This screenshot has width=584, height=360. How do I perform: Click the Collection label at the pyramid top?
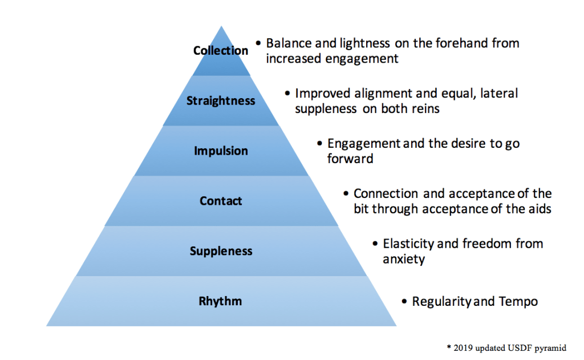point(221,51)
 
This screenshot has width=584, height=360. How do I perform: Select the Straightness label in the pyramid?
point(221,101)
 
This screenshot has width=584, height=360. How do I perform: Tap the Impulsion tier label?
point(221,151)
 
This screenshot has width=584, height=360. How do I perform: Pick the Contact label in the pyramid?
point(221,201)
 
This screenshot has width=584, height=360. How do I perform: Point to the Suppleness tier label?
point(221,252)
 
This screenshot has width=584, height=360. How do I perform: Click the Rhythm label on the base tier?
point(221,302)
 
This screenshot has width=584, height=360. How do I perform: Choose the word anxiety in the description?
point(404,260)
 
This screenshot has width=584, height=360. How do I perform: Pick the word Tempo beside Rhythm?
point(518,301)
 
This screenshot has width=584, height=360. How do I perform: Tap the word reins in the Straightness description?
point(425,109)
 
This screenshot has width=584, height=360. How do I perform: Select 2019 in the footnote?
point(461,347)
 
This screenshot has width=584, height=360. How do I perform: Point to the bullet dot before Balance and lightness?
point(258,43)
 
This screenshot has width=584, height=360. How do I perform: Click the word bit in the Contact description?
point(362,209)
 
